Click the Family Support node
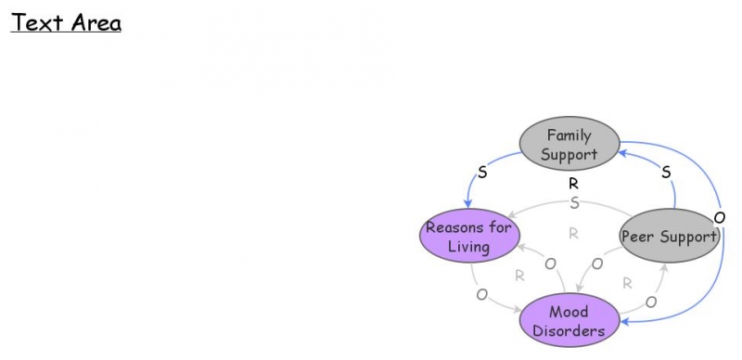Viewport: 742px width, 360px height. [569, 144]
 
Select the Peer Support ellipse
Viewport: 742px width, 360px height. [669, 236]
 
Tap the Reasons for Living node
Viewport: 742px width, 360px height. [467, 237]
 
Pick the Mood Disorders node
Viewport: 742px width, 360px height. [569, 320]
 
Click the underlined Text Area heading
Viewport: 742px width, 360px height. [66, 22]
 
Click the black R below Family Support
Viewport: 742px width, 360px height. [573, 184]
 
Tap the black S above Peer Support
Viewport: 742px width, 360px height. [665, 173]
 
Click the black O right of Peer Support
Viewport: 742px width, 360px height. [720, 217]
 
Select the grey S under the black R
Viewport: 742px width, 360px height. [574, 202]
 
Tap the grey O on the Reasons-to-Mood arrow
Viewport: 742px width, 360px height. [481, 295]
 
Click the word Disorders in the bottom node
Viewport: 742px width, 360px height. [569, 329]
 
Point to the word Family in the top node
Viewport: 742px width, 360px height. [569, 135]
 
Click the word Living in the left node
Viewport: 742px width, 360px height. [467, 247]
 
